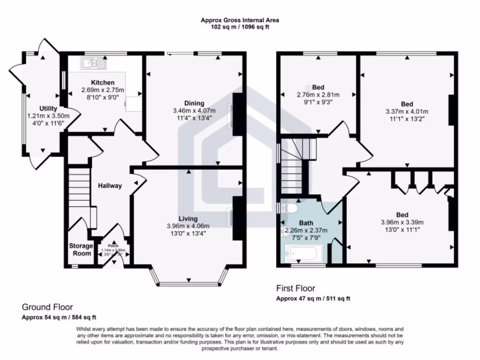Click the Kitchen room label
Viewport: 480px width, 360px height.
103,82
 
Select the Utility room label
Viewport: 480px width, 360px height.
48,109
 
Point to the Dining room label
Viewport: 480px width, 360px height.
194,103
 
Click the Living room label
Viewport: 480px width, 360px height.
187,218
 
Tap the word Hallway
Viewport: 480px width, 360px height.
110,186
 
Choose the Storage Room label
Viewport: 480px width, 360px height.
80,249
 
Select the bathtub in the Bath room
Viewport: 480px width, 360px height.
303,255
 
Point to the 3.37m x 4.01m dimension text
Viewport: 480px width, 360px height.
407,112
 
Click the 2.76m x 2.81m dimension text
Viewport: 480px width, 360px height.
318,95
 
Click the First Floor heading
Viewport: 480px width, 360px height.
296,288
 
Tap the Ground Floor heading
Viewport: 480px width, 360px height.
47,307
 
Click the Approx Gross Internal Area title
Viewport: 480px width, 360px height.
240,20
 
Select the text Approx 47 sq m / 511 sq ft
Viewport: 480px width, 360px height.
313,299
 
